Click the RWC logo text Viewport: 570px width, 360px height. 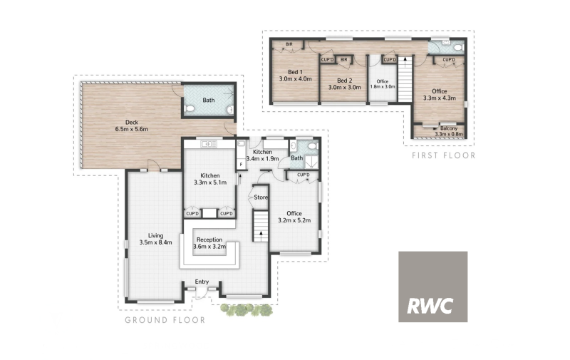pos(430,306)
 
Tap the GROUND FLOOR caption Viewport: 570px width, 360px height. pos(165,320)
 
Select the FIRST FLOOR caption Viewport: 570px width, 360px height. pos(443,155)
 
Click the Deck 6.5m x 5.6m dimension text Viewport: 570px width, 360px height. pos(132,129)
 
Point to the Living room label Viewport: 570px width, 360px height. pos(155,236)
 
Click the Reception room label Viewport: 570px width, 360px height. pos(209,240)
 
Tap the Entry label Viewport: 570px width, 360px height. pos(202,282)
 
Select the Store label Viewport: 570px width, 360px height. pos(261,197)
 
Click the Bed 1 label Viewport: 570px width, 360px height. pos(295,72)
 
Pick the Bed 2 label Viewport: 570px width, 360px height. pos(345,81)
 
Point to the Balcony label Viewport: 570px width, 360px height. pos(449,128)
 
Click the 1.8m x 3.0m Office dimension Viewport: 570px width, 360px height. pos(383,86)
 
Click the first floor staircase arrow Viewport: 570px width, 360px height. pos(405,61)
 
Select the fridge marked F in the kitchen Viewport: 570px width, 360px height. pos(241,165)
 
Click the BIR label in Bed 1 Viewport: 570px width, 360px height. pos(289,44)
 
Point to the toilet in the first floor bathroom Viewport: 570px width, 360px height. pos(460,48)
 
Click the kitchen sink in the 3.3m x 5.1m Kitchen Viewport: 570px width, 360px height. pos(209,145)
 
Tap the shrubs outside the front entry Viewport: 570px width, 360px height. pos(247,310)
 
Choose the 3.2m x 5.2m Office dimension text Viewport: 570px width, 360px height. pos(294,220)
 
